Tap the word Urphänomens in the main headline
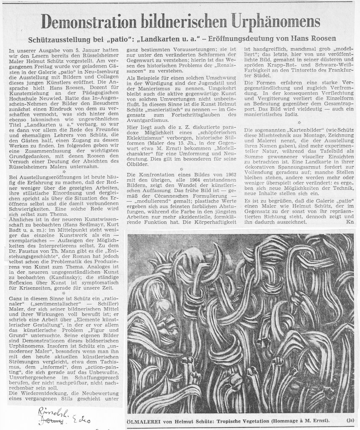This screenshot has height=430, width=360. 272,21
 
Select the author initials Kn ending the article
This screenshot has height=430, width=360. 349,221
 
